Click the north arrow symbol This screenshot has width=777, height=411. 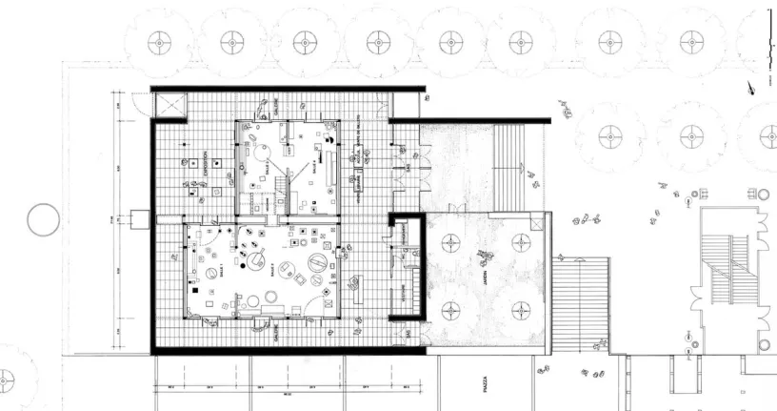753,88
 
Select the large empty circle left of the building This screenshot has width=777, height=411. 44,221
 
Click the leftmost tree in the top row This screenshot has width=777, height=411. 158,42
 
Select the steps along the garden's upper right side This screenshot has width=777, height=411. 508,168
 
